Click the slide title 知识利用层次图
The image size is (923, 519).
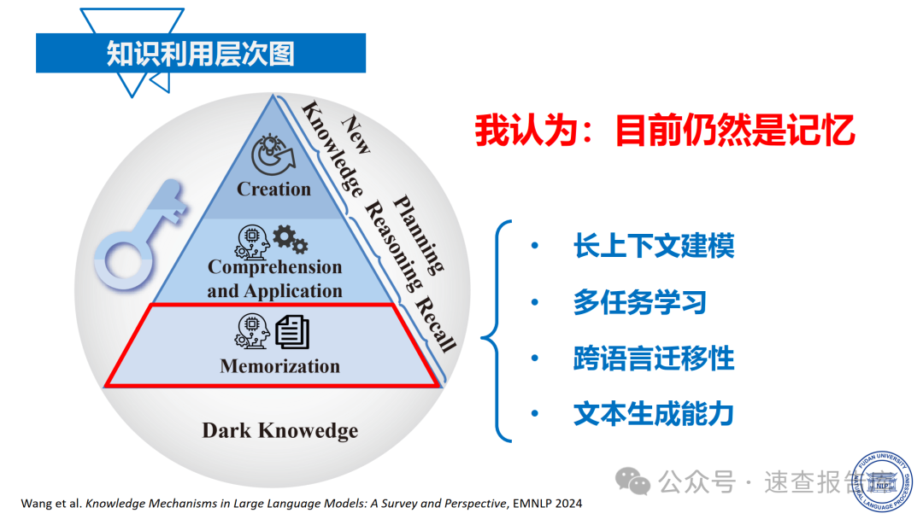click(200, 53)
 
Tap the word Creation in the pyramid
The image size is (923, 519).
click(273, 190)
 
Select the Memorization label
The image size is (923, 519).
click(279, 367)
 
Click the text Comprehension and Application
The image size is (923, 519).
click(274, 279)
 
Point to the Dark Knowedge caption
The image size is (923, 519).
click(279, 430)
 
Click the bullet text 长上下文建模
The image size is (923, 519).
click(654, 246)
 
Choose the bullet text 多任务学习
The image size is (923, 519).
click(639, 302)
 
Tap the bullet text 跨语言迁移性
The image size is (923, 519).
click(654, 359)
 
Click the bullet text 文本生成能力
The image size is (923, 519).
click(654, 415)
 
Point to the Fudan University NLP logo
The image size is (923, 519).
click(884, 480)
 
